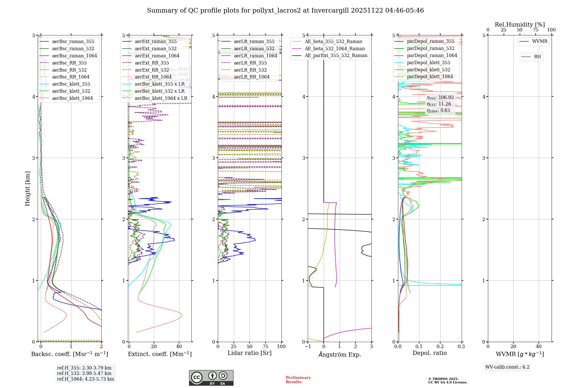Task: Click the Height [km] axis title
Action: click(x=27, y=189)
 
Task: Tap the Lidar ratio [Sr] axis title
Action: click(x=249, y=353)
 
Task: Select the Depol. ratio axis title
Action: click(x=429, y=353)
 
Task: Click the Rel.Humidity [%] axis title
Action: click(x=520, y=25)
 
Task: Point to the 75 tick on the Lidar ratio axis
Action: click(x=266, y=347)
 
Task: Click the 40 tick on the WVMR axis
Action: click(x=538, y=347)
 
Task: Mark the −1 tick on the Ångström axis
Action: click(x=308, y=347)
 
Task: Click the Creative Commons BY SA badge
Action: click(x=211, y=378)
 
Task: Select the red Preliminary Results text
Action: click(x=298, y=380)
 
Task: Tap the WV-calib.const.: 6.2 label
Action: click(x=507, y=367)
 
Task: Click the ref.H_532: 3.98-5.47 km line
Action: click(x=84, y=373)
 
